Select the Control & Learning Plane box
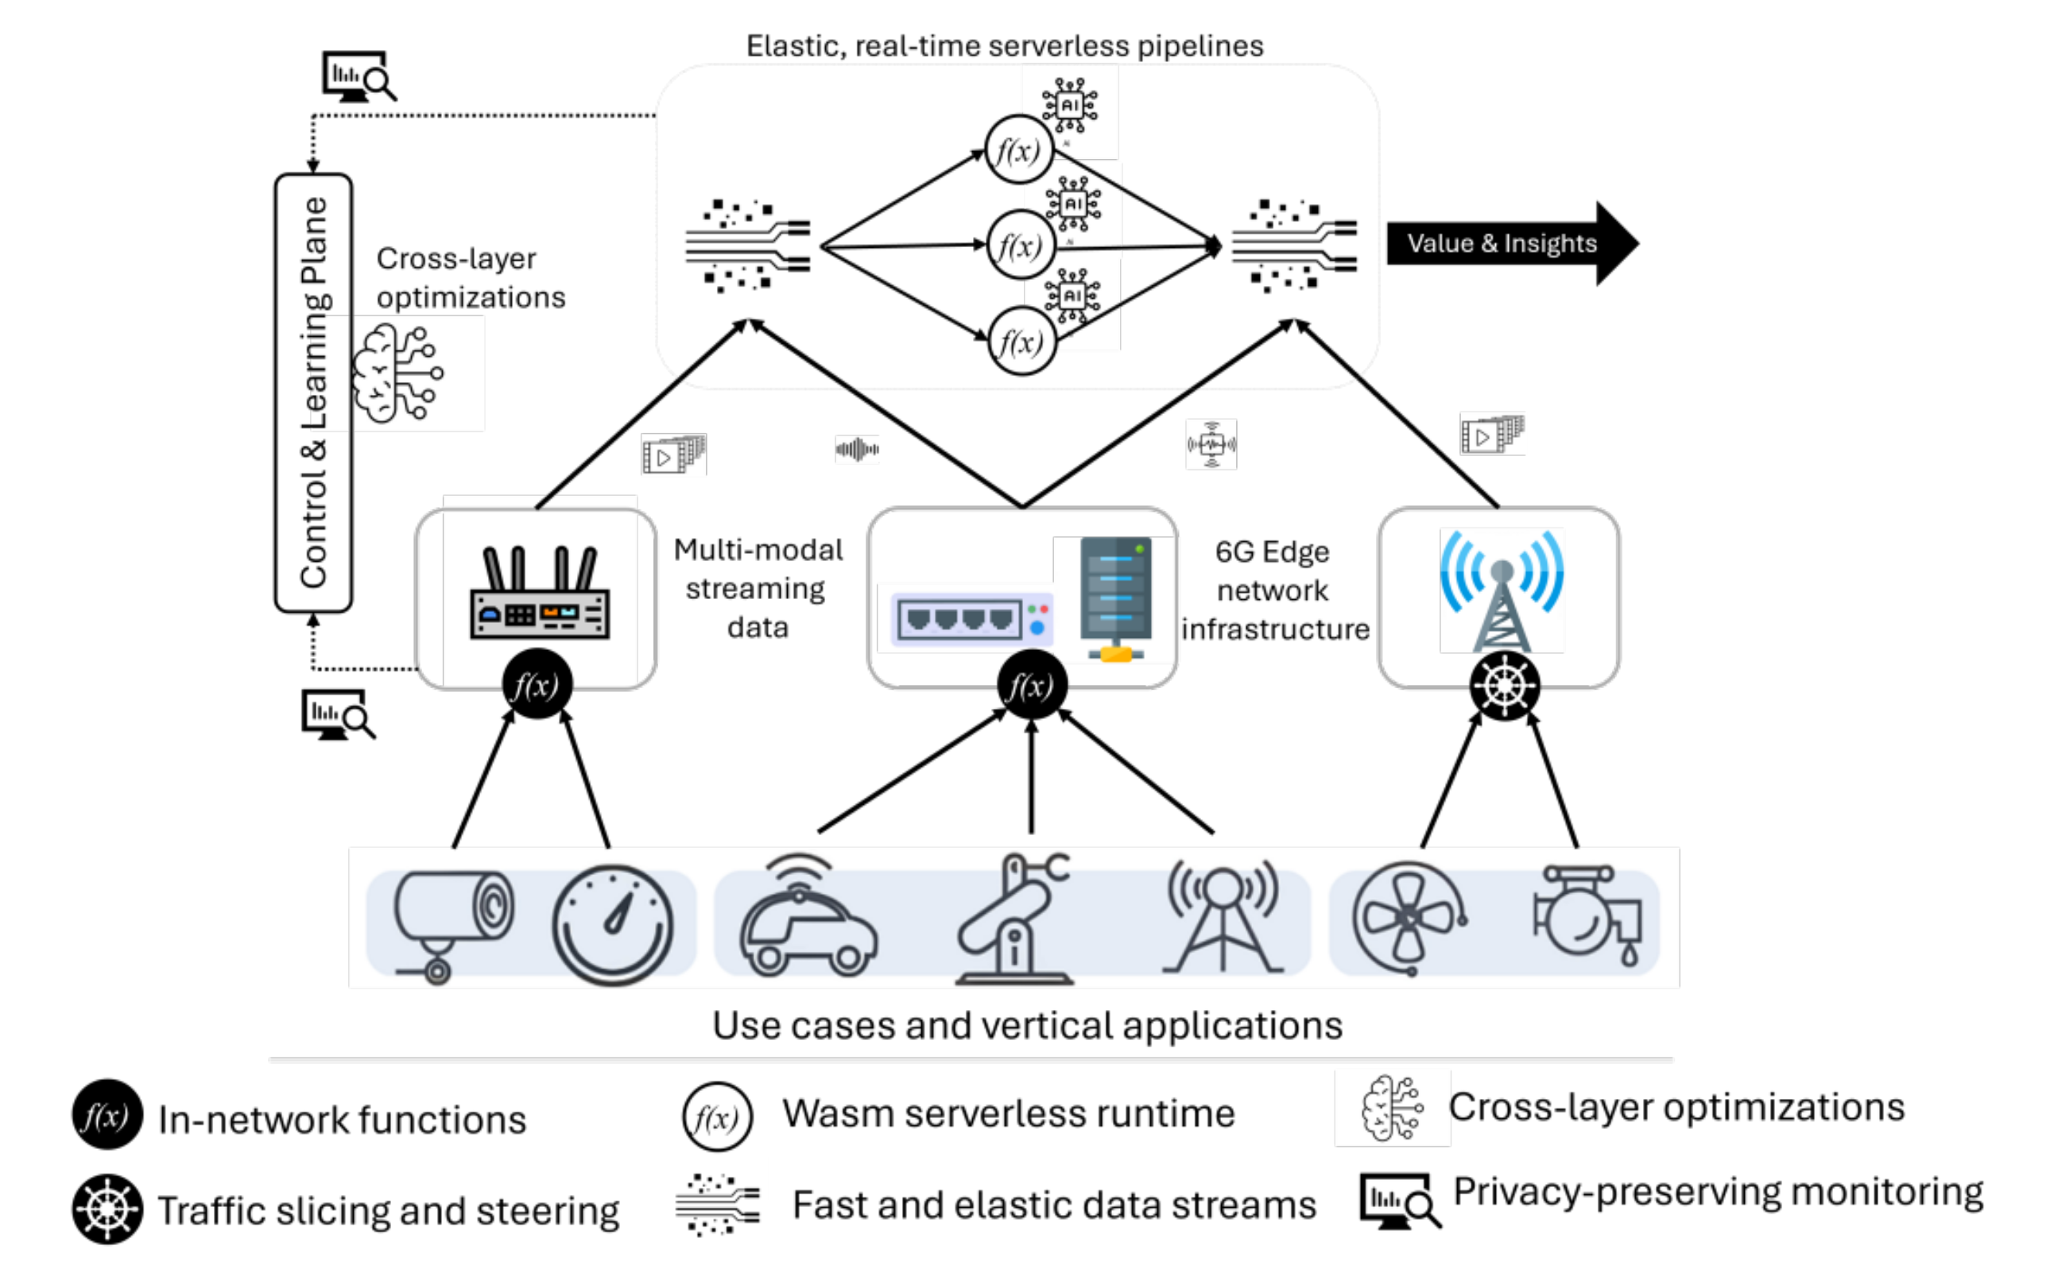click(x=313, y=393)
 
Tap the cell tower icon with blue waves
click(x=1502, y=590)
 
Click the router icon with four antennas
click(x=540, y=594)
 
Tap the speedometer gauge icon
click(x=613, y=923)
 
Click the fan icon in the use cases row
click(x=1409, y=919)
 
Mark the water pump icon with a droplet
click(x=1587, y=916)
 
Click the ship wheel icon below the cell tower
click(x=1504, y=685)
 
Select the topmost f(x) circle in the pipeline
click(x=1018, y=151)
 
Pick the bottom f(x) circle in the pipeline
click(x=1022, y=342)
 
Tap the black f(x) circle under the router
click(x=537, y=685)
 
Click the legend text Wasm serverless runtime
click(x=1008, y=1113)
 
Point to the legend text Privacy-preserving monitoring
click(x=1717, y=1191)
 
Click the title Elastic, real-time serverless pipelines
click(x=1004, y=46)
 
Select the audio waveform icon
click(x=857, y=449)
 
